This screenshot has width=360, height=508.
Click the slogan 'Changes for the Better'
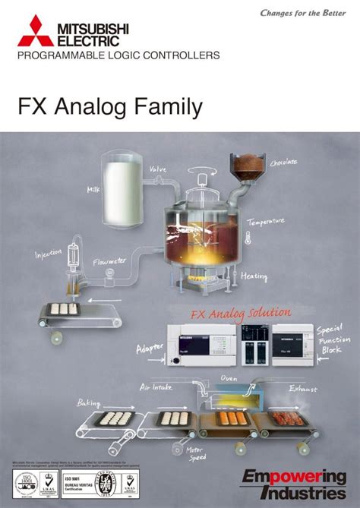pos(302,13)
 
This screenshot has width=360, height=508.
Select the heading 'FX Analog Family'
pos(110,108)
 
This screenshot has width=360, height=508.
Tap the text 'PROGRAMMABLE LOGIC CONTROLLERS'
pos(119,55)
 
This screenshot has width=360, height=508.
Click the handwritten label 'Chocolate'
pos(284,162)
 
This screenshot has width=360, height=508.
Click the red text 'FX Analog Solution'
pos(240,312)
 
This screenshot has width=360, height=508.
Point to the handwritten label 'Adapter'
pos(149,349)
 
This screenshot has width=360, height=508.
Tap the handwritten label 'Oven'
pos(229,377)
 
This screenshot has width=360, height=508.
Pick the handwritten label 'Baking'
pos(88,403)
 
